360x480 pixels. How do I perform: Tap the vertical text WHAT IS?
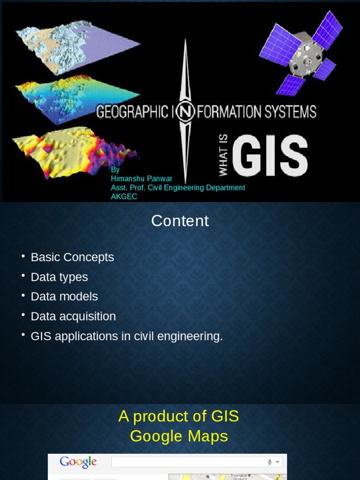(x=223, y=155)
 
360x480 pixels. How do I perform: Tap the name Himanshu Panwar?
(x=142, y=179)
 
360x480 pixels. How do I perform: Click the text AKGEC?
(x=124, y=196)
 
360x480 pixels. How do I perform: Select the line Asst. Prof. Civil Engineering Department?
(x=178, y=187)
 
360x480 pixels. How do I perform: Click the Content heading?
(x=180, y=221)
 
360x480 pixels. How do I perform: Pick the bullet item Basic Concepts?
(x=72, y=257)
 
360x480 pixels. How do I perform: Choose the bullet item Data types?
(x=59, y=277)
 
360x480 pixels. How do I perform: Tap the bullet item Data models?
(x=64, y=297)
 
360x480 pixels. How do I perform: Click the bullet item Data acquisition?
(x=73, y=316)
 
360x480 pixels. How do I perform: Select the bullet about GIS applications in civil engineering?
(x=127, y=336)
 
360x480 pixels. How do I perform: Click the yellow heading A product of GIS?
(x=179, y=416)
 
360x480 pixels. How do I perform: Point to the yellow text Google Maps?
(x=179, y=436)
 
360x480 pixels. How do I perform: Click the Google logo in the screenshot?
(x=78, y=463)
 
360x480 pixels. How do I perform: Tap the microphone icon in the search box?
(x=270, y=463)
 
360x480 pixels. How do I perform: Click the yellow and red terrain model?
(x=70, y=150)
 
